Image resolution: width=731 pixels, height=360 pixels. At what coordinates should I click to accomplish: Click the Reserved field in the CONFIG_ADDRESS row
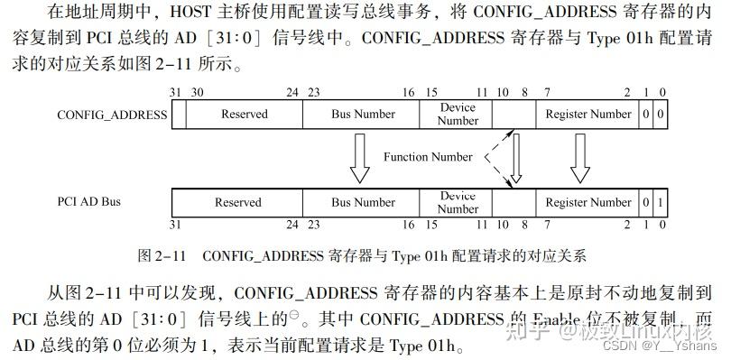point(245,115)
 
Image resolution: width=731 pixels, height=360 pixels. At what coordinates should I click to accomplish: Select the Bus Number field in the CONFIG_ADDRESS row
point(363,115)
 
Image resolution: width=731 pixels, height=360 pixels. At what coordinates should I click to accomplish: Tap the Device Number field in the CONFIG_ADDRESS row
point(458,115)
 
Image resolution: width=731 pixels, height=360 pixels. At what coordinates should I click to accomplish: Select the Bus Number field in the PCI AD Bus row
point(363,202)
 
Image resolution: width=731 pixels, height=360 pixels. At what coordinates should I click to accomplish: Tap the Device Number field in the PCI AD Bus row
point(458,202)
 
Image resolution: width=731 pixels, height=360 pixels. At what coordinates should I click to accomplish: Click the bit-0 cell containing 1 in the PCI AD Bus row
point(662,202)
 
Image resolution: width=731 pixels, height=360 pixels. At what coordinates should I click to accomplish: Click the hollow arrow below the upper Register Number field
point(579,158)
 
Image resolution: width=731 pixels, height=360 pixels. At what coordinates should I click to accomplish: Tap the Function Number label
point(428,157)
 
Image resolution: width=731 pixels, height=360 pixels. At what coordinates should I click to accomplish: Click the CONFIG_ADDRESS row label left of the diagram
point(112,115)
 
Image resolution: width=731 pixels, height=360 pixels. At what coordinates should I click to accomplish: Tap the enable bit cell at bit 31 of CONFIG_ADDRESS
point(179,115)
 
